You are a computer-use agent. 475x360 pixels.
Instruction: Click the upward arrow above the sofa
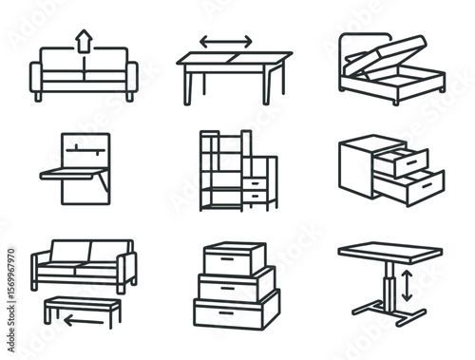(84, 40)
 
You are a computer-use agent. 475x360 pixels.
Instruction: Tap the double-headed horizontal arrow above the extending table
(225, 42)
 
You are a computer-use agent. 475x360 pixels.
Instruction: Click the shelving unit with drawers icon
(237, 170)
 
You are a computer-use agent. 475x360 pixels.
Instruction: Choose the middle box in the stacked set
(237, 283)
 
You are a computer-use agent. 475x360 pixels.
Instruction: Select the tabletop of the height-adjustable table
(390, 254)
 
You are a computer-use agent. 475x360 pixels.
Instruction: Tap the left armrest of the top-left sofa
(37, 79)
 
